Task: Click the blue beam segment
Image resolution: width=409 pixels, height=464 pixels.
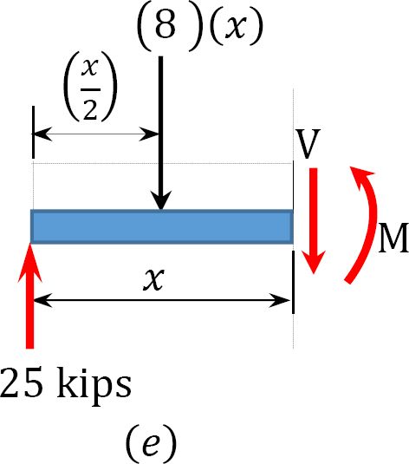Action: [162, 226]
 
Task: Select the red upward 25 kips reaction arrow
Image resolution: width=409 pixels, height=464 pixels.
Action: [29, 296]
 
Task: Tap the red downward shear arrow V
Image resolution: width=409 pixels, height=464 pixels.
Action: [314, 221]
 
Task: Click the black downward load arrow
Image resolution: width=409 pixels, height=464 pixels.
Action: [160, 134]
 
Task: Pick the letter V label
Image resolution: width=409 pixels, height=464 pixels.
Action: [308, 143]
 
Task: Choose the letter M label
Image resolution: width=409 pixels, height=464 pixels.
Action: [394, 238]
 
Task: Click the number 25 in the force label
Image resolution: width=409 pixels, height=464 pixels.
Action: [22, 382]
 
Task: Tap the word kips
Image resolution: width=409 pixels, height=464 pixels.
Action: [94, 385]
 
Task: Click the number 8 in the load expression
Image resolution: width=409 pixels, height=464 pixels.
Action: [165, 25]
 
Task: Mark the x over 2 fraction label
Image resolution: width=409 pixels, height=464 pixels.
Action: [90, 86]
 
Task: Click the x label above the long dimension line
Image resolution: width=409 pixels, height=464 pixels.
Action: [153, 279]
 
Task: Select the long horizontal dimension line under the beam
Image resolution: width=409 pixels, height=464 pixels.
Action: [162, 300]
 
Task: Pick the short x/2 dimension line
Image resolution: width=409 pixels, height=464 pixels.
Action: [96, 134]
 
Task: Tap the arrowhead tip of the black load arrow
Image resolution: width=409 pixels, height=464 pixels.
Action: [160, 210]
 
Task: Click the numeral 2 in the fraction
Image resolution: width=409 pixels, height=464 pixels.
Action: [90, 109]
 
